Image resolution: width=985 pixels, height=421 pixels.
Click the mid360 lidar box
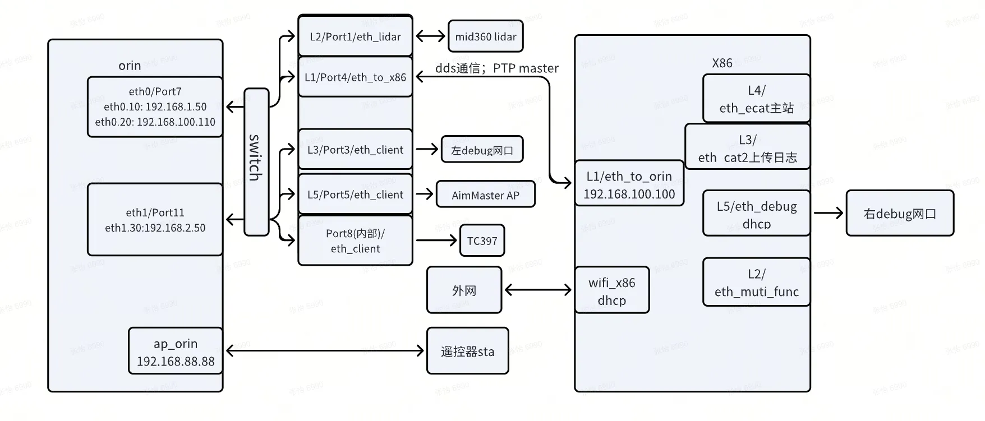pos(485,37)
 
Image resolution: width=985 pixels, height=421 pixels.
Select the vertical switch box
pos(256,161)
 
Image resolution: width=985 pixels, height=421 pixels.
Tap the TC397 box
pos(482,241)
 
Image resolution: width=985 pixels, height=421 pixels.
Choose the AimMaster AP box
pos(485,195)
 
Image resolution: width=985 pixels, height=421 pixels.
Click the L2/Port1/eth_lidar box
pos(355,37)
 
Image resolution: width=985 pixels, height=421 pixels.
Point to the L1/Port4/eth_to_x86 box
pos(355,77)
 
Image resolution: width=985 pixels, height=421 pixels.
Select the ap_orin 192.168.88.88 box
pos(175,351)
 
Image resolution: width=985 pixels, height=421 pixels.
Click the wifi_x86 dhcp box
pos(611,290)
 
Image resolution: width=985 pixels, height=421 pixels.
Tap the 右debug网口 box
pos(899,214)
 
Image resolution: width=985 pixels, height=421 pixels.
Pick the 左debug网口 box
pos(482,150)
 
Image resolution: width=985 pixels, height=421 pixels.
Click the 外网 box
pos(464,290)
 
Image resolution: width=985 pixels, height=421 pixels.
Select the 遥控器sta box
pos(467,351)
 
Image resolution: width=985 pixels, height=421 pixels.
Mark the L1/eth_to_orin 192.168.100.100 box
pos(629,184)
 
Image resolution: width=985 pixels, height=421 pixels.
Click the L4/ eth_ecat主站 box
pos(756,99)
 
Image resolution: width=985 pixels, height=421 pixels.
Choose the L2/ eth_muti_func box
pos(756,283)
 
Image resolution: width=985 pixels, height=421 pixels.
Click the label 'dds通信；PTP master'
pos(497,68)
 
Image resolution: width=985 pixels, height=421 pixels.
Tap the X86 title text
pos(722,63)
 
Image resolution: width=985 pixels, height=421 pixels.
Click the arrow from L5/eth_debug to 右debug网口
pos(828,213)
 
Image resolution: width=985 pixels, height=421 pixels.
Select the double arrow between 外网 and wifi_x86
pos(538,290)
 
